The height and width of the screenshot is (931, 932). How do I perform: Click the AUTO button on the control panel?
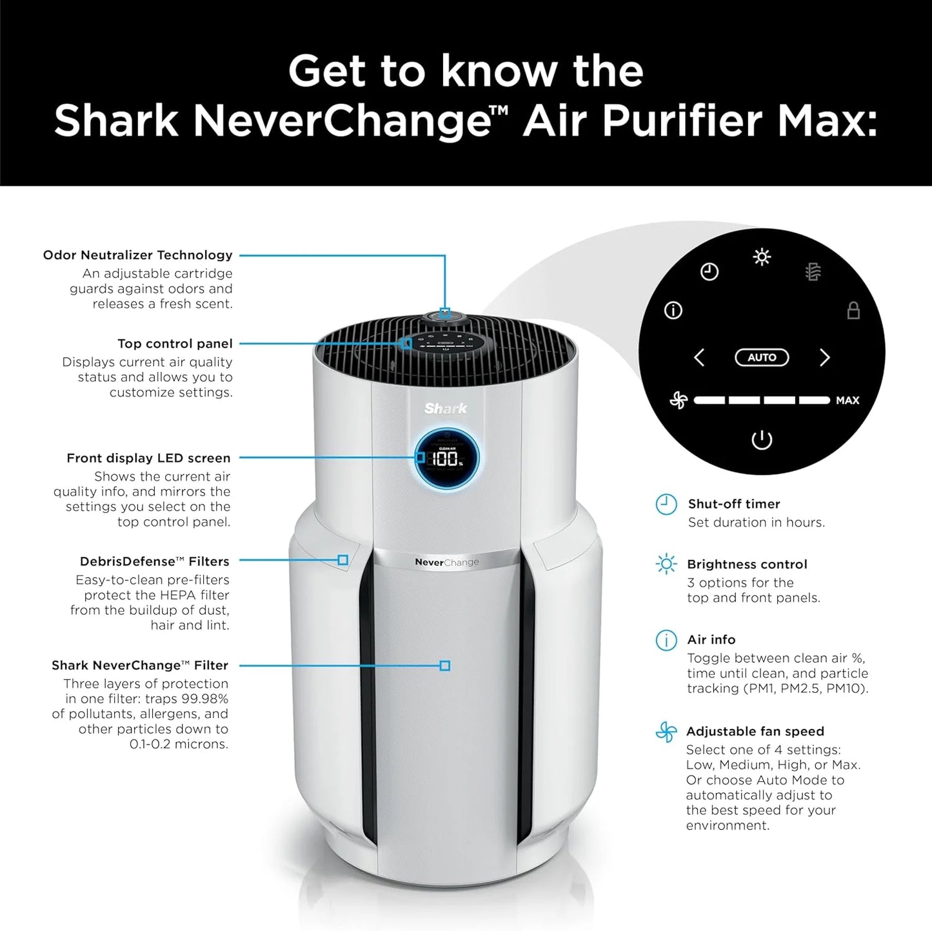coord(762,357)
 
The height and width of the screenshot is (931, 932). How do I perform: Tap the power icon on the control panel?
coord(762,440)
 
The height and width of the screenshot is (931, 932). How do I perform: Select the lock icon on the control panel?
coord(853,310)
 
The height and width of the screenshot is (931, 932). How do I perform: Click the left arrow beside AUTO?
coord(699,357)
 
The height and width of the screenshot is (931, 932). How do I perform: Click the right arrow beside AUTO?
coord(824,357)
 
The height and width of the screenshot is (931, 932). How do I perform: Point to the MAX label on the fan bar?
coord(847,401)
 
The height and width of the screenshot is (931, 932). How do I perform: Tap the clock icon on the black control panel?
coord(709,272)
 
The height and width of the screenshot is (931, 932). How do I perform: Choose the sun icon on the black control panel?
coord(762,257)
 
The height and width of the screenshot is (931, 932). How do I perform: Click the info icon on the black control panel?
coord(673,311)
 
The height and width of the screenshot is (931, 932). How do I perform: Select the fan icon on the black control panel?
coord(679,401)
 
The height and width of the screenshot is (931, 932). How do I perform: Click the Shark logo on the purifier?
coord(446,408)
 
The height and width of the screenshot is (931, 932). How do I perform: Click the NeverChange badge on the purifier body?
coord(447,562)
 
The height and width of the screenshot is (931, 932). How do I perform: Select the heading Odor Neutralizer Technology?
coord(137,255)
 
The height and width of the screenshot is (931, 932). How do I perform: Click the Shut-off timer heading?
coord(733,504)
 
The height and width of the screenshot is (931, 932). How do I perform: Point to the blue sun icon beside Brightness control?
coord(666,565)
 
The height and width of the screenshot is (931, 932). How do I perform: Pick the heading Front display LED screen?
coord(148,458)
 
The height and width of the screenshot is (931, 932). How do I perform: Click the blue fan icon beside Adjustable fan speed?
coord(666,732)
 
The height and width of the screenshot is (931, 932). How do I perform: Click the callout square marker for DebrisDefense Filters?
coord(343,560)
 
